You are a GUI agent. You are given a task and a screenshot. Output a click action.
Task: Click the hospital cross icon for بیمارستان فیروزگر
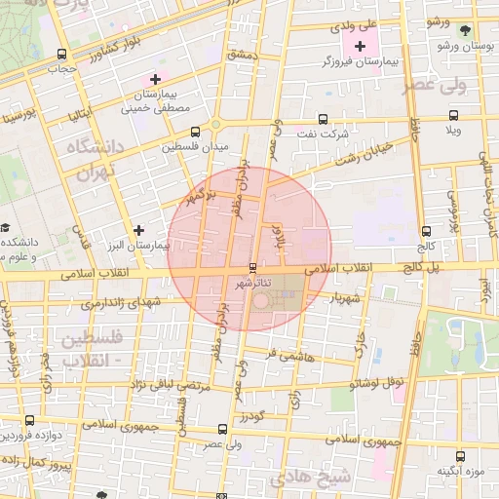[x=361, y=46]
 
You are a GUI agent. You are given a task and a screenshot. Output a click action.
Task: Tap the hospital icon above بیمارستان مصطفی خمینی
[x=155, y=79]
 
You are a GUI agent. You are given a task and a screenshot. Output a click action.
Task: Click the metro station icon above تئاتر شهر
[x=252, y=267]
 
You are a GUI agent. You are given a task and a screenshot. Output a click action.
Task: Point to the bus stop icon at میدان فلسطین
[x=195, y=131]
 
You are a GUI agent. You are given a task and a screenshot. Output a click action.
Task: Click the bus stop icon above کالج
[x=425, y=231]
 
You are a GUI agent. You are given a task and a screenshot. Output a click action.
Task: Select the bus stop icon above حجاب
[x=62, y=55]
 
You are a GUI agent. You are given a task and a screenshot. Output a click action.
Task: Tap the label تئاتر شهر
[x=253, y=283]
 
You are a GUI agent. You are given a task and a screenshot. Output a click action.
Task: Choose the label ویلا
[x=454, y=129]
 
